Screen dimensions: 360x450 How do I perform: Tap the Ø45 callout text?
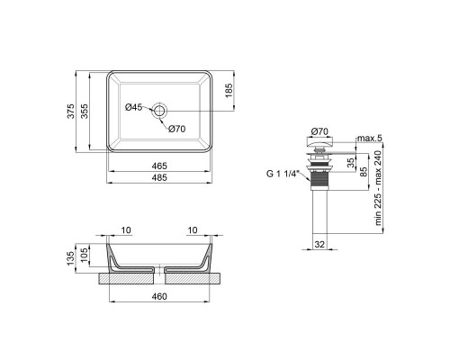pos(132,108)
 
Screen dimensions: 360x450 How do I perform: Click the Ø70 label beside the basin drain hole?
pos(176,129)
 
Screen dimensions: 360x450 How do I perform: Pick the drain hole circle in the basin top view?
pos(159,110)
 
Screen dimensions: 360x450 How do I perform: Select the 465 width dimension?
pos(159,166)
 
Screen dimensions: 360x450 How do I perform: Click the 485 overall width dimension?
pos(159,178)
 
